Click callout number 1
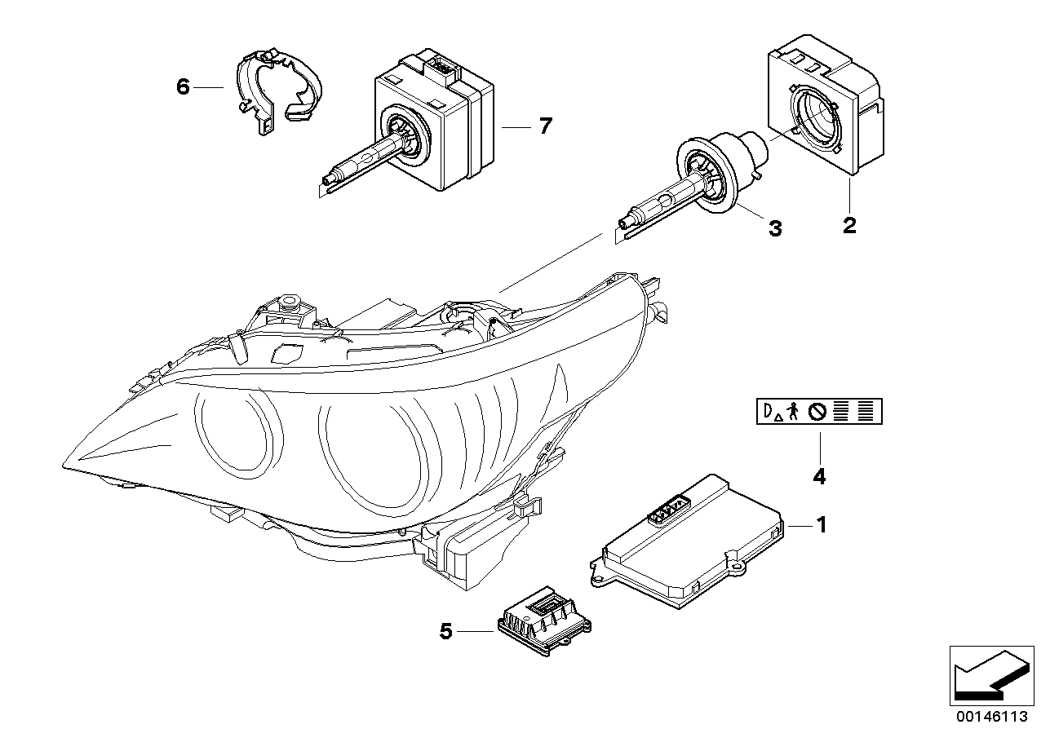click(822, 526)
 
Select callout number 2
click(849, 225)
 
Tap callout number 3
click(774, 229)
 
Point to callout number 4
click(819, 476)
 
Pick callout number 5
click(445, 630)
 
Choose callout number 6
click(183, 86)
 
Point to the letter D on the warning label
click(768, 413)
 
